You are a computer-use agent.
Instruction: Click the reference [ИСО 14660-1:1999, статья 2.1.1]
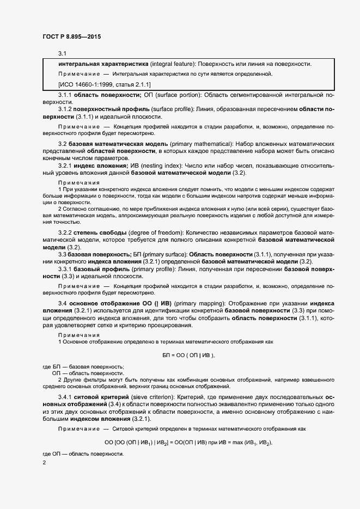105,84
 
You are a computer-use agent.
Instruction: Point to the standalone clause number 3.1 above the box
62,53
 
